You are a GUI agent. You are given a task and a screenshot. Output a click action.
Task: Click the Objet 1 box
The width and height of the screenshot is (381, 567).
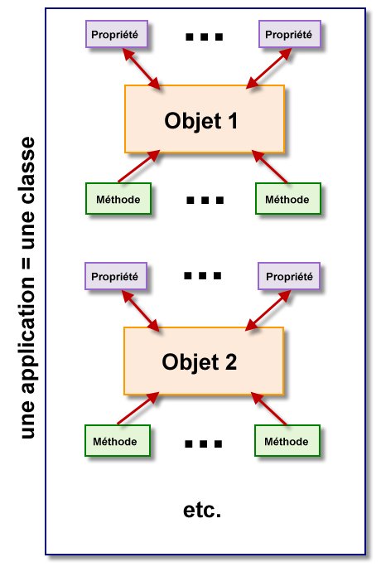tap(204, 119)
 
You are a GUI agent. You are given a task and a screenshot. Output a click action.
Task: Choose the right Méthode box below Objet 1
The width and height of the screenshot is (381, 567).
tap(287, 199)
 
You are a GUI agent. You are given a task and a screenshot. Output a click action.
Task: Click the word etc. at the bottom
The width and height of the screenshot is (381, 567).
tap(201, 509)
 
